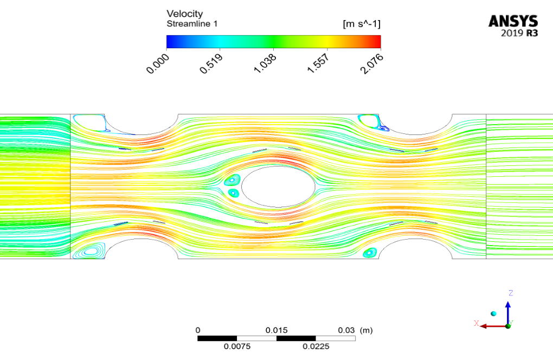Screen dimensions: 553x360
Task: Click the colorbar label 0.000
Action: point(157,64)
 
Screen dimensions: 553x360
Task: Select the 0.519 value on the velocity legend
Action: point(211,64)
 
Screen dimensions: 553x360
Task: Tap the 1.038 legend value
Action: point(265,64)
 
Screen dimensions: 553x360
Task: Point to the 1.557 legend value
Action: point(318,64)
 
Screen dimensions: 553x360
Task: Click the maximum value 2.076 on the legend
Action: point(372,64)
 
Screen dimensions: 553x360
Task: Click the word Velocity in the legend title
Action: point(184,14)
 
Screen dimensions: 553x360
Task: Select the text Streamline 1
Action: point(192,24)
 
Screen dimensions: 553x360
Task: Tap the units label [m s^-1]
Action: point(362,24)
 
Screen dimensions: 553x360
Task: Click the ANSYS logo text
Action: point(513,22)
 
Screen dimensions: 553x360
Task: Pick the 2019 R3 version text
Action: point(519,34)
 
